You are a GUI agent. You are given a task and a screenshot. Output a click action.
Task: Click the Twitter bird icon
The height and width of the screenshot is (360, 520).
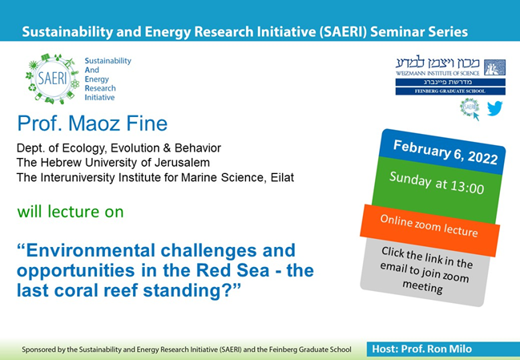click(x=494, y=108)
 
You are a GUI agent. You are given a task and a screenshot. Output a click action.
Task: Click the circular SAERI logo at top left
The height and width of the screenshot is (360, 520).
click(x=50, y=79)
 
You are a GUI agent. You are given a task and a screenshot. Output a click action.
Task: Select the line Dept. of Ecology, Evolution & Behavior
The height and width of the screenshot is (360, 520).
click(x=119, y=148)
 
